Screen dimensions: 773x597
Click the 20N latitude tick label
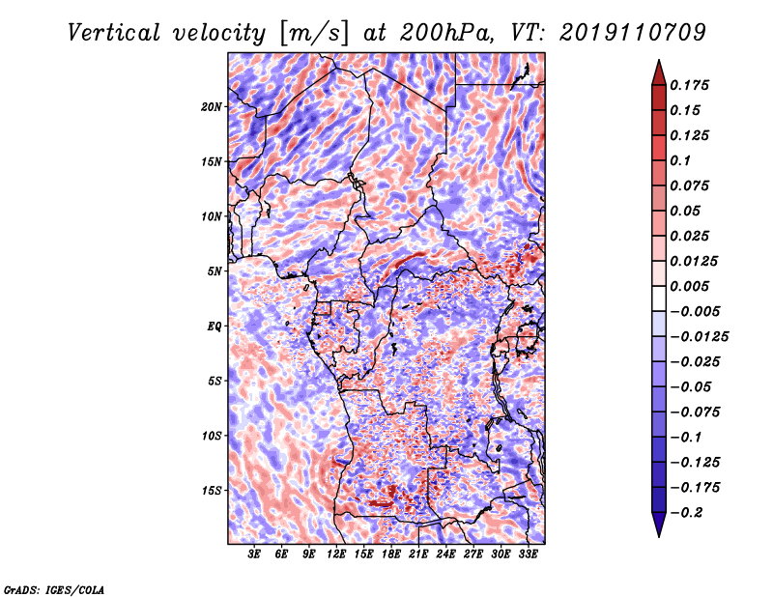(x=212, y=106)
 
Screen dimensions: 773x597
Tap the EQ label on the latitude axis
(x=214, y=326)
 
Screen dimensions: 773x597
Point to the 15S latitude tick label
(x=212, y=491)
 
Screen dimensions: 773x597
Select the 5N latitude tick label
(x=215, y=271)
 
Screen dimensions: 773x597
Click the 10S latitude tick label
(x=212, y=436)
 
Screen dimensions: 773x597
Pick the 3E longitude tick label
(x=254, y=554)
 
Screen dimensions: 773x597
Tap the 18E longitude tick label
(x=391, y=554)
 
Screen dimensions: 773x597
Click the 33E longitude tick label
(x=528, y=554)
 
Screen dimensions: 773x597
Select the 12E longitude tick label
(x=336, y=554)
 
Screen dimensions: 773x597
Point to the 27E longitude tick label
(x=473, y=554)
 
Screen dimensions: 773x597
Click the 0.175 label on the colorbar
(x=689, y=85)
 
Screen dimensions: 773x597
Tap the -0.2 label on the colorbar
(x=685, y=513)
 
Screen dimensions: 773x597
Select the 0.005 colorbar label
(x=689, y=286)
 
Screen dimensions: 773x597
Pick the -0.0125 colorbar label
(x=699, y=337)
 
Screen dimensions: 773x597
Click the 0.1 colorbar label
(x=680, y=160)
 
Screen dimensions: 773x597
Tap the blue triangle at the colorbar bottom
(x=659, y=524)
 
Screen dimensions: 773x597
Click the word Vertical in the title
(x=114, y=33)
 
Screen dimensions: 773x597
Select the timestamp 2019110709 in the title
(x=633, y=33)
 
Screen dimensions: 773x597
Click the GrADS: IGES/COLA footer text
(x=54, y=589)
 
